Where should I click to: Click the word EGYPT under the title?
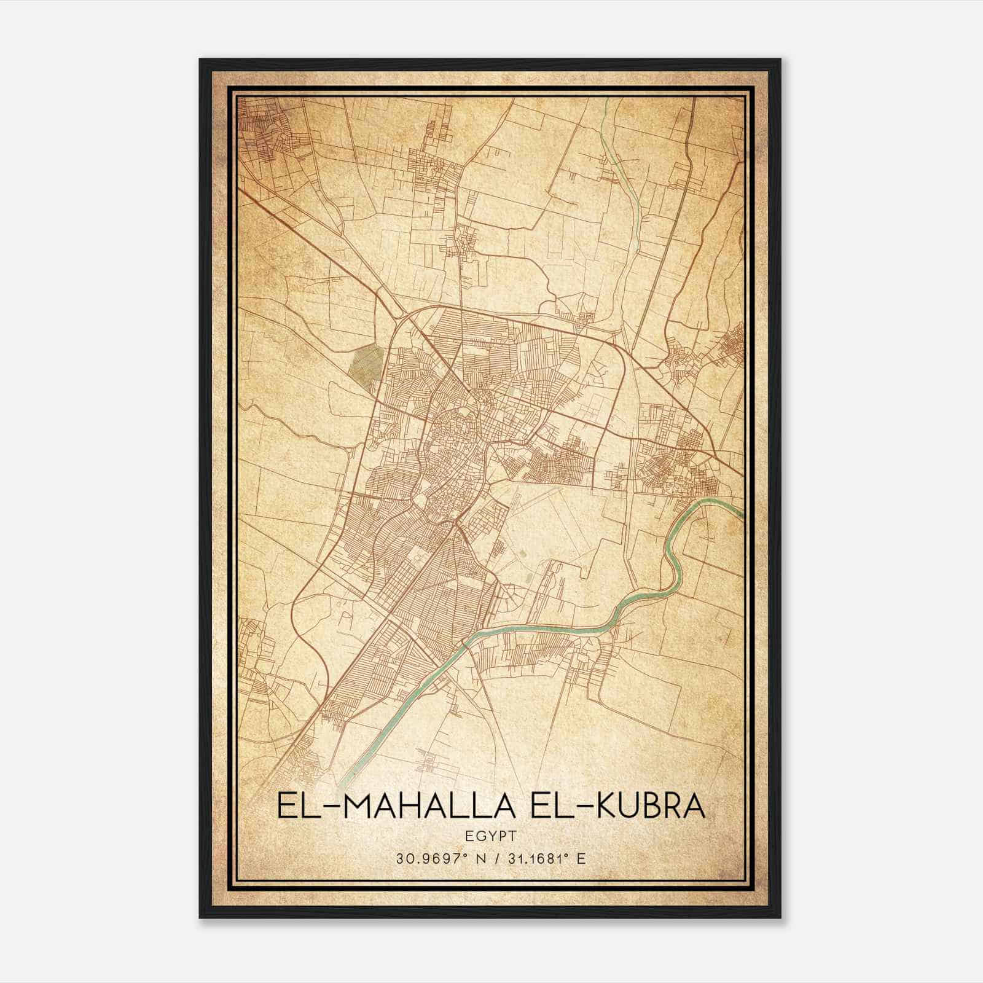[x=491, y=836]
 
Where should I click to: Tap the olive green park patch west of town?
[x=366, y=362]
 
